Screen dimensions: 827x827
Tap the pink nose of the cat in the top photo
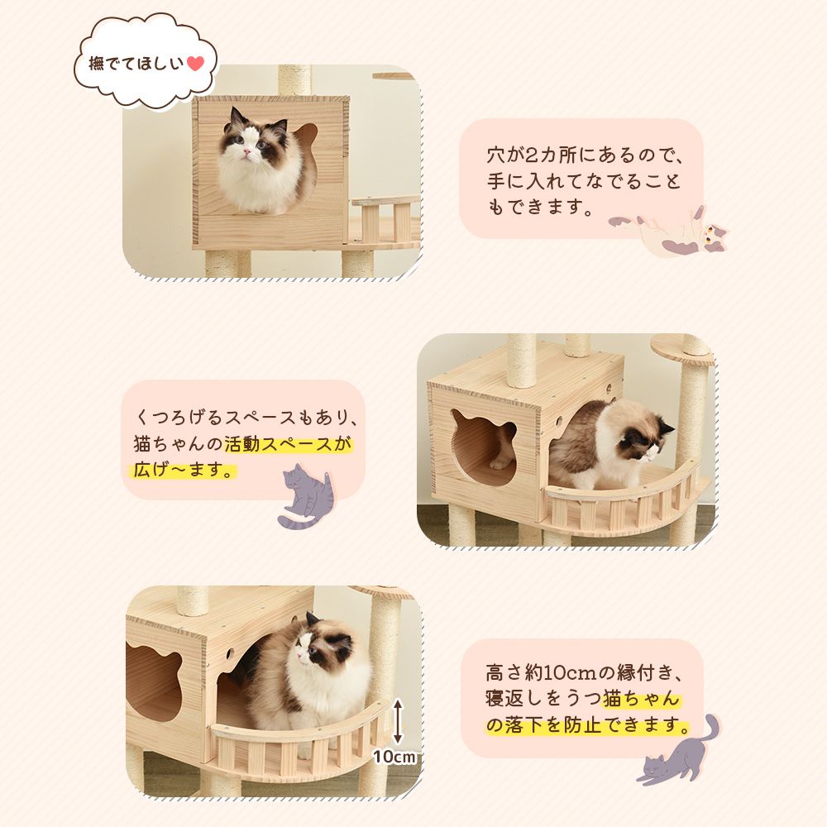[246, 155]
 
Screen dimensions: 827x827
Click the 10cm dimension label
[394, 756]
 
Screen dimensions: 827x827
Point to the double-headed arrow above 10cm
[398, 720]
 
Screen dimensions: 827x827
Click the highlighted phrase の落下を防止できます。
[586, 725]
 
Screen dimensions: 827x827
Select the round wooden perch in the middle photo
[681, 345]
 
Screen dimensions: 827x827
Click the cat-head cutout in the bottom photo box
[154, 682]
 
